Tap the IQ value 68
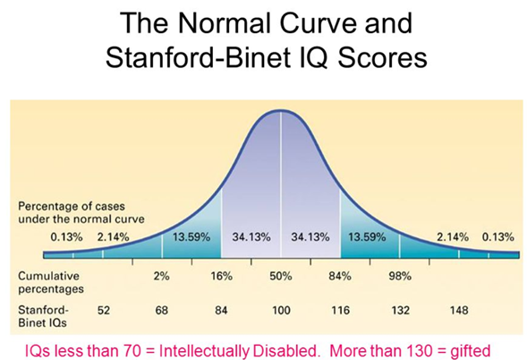162,311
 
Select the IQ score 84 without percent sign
222,311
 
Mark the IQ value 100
282,311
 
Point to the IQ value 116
341,311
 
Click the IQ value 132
400,311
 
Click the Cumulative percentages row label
52,284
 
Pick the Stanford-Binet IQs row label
41,311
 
